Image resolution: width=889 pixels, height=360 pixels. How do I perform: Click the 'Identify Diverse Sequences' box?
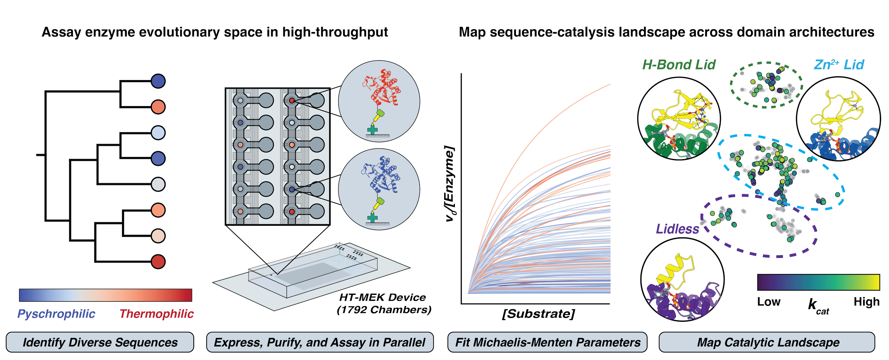pos(100,342)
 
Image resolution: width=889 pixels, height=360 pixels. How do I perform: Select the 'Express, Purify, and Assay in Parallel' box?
pos(320,342)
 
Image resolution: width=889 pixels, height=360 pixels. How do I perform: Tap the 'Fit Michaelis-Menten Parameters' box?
pos(548,342)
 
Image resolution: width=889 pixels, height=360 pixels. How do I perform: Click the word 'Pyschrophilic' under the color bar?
pos(56,314)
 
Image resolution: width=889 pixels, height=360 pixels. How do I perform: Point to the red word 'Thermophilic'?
pos(156,314)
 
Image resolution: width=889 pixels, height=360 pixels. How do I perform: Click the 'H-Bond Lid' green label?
pos(678,65)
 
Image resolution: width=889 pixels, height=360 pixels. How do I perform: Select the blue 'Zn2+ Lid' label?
pos(839,65)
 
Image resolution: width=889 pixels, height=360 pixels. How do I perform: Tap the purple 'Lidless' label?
pos(677,229)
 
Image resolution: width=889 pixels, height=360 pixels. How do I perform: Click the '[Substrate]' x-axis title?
pos(538,314)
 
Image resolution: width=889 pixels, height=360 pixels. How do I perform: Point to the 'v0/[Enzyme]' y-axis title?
pos(450,185)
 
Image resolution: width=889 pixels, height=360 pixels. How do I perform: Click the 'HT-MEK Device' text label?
pos(383,297)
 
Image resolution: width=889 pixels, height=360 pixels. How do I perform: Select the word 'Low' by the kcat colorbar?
pos(769,302)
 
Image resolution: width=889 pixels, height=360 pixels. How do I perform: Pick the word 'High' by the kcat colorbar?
pos(867,302)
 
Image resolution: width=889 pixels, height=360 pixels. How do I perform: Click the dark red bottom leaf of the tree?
pos(158,262)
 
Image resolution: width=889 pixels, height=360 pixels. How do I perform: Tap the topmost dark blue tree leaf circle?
pos(158,81)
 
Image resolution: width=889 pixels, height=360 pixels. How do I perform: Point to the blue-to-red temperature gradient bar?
pos(106,295)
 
